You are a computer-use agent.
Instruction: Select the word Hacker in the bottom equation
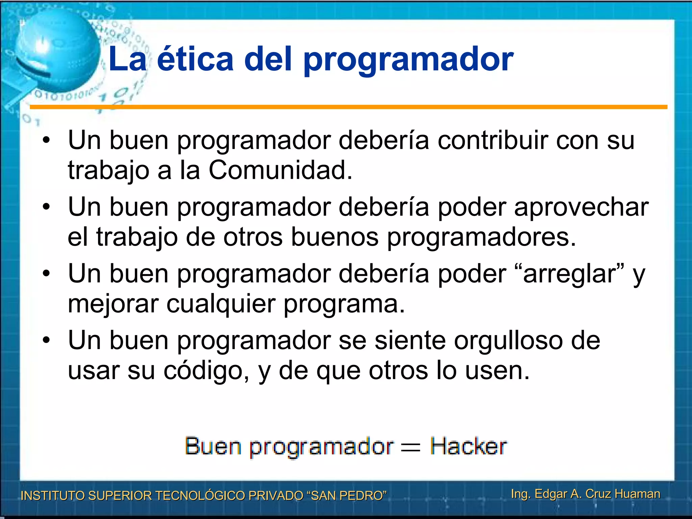coord(468,446)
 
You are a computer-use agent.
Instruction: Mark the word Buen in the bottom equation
coord(213,446)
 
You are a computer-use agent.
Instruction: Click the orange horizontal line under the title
coord(348,107)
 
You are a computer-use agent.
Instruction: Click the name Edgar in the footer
coord(550,494)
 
